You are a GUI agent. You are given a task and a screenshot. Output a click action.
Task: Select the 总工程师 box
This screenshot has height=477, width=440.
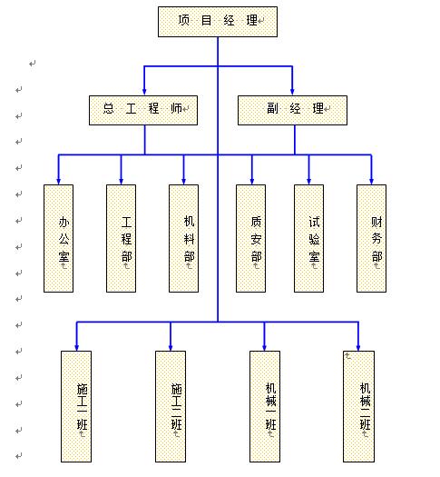144,110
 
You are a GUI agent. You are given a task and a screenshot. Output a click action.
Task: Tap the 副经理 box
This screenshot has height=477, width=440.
293,110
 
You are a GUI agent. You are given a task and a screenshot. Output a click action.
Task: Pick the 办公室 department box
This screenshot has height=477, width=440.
59,238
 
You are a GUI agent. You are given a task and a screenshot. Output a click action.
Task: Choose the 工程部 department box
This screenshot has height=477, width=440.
122,238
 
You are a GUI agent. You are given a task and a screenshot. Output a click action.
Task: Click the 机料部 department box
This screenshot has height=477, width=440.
184,238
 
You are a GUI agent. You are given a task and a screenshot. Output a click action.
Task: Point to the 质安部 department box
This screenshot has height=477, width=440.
251,238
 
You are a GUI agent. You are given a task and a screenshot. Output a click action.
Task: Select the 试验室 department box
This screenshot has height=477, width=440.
309,238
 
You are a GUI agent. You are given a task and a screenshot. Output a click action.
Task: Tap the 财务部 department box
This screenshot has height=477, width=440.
371,238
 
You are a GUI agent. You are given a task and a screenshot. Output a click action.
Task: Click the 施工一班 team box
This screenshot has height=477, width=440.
77,406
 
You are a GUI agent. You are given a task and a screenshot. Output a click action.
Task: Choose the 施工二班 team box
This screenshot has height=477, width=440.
171,406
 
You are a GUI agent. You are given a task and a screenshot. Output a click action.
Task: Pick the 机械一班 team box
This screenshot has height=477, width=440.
265,406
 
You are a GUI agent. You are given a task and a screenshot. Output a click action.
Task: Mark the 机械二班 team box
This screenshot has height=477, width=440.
359,406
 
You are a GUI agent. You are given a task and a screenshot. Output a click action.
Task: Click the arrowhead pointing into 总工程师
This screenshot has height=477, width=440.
144,90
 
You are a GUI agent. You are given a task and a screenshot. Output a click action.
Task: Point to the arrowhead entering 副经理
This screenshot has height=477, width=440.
293,90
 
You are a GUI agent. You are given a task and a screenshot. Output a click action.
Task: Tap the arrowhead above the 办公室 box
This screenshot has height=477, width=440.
59,179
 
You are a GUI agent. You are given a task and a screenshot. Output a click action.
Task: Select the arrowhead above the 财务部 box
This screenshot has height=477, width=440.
371,179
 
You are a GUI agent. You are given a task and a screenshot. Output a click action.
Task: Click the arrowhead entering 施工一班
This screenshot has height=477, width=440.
77,345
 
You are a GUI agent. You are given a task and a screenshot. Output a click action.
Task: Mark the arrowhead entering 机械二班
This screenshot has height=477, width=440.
359,345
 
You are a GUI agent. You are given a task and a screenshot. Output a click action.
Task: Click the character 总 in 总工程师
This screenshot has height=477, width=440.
108,109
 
